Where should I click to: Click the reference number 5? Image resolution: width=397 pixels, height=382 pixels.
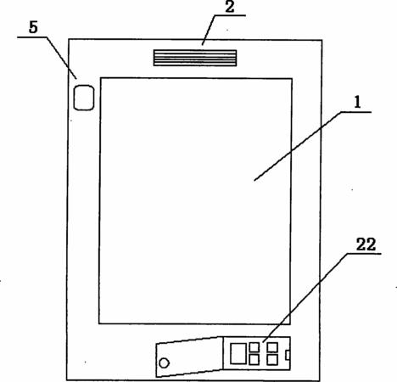[33, 27]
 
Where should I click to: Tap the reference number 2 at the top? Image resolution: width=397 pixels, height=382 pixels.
[230, 7]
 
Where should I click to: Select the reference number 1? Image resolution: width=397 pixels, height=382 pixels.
[358, 102]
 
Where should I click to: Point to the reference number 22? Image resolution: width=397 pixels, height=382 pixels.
[366, 244]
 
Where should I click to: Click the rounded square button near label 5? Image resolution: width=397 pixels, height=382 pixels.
[84, 98]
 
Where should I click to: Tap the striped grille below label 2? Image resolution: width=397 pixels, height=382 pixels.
[195, 58]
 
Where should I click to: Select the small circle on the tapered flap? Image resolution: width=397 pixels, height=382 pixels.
[164, 363]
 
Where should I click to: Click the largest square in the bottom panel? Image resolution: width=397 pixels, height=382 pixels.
[238, 353]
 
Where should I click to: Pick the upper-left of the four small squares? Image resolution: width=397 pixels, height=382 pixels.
[254, 347]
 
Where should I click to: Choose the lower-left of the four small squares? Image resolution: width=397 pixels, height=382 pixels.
[254, 360]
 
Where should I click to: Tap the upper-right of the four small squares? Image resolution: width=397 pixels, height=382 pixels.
[272, 347]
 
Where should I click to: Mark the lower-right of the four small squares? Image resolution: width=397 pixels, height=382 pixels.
[272, 360]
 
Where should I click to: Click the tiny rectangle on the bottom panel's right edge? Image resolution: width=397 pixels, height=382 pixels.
[288, 355]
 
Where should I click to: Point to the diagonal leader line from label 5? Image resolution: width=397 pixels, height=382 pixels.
[61, 58]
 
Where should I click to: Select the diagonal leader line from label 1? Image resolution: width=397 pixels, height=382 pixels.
[298, 146]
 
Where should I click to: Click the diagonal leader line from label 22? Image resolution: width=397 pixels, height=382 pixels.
[305, 298]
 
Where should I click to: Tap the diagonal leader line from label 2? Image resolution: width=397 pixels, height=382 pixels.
[209, 30]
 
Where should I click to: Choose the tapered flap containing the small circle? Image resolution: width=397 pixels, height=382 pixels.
[189, 357]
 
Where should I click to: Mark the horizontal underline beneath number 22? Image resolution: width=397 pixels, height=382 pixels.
[364, 254]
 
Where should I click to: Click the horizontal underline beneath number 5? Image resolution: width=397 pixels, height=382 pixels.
[32, 37]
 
